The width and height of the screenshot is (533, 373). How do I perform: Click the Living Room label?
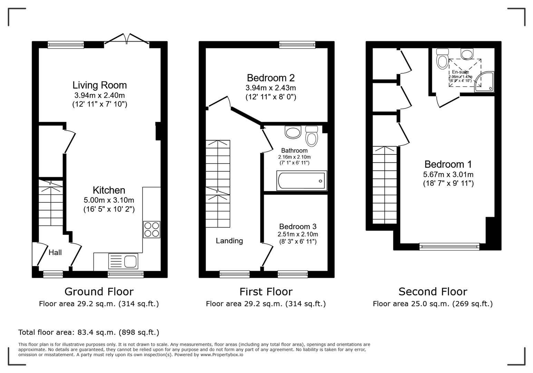pos(99,85)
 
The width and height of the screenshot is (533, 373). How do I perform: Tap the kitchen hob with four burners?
pos(152,229)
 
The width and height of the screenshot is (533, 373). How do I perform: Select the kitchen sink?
pos(123,261)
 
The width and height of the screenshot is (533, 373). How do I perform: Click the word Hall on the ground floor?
pos(55,252)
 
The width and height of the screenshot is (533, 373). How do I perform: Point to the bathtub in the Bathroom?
pos(301,181)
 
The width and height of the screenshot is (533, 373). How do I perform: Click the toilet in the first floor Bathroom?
pos(312,136)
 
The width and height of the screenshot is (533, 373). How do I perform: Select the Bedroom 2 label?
pos(271,78)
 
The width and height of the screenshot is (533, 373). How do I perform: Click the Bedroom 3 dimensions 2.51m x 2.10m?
pos(298,234)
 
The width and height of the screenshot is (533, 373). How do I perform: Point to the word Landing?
pos(229,241)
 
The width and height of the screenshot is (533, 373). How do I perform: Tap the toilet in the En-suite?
pos(442,59)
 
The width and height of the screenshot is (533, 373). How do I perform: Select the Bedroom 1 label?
pos(448,164)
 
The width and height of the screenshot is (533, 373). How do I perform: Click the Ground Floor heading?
pos(99,291)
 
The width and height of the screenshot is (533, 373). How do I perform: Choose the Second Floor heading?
pos(433,291)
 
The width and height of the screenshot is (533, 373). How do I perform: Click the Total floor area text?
pos(89,332)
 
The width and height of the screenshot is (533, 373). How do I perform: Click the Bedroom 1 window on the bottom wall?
pos(449,246)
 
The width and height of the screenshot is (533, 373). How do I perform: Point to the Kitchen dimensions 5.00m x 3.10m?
pos(109,200)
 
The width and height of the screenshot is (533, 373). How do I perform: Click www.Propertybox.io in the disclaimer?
pos(222,354)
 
